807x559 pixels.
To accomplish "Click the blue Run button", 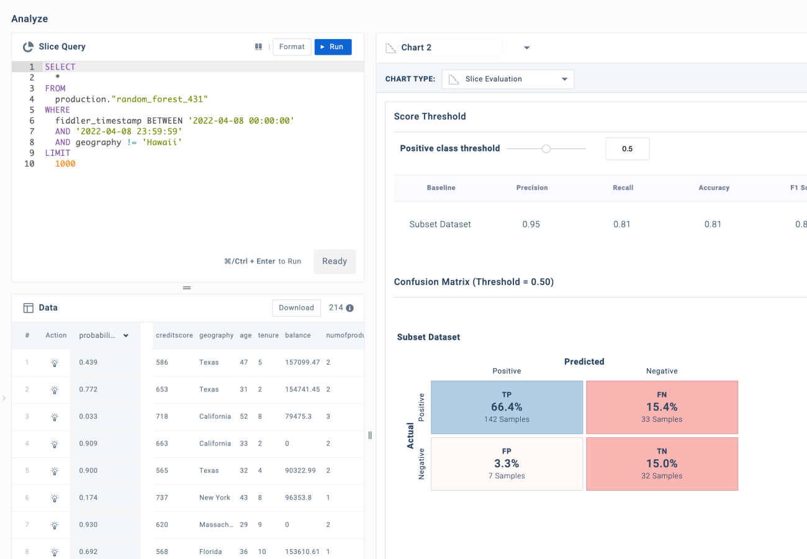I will click(x=333, y=47).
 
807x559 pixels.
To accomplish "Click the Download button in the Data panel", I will click(x=296, y=307).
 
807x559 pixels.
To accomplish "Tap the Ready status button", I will click(x=334, y=261).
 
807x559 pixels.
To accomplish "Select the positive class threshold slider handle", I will click(x=546, y=148).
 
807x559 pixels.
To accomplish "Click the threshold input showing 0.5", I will click(x=627, y=149).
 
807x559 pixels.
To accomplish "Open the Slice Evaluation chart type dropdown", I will click(x=508, y=79).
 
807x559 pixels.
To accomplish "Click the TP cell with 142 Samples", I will click(x=507, y=407).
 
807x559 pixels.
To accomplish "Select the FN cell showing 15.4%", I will click(x=662, y=407).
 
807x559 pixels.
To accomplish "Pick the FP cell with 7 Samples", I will click(x=507, y=464).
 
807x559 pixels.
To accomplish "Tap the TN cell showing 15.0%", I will click(x=662, y=464).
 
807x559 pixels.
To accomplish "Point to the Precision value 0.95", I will click(x=531, y=224).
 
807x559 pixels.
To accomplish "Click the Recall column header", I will click(x=623, y=188).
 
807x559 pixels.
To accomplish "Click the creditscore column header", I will click(x=173, y=335).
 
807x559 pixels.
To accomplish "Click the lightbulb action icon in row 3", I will click(x=55, y=417).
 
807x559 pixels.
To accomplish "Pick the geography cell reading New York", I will click(x=215, y=498).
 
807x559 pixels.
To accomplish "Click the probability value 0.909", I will click(x=88, y=443).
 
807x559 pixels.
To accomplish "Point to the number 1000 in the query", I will click(x=65, y=164).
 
